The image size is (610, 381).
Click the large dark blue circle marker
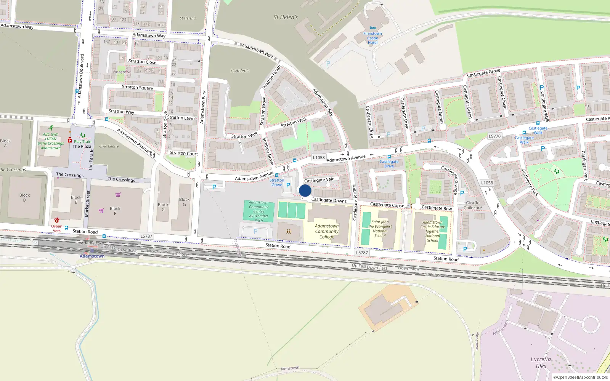305,190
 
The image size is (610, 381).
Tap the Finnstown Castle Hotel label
372,38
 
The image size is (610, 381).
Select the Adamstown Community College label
327,231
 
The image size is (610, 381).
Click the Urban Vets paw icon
57,220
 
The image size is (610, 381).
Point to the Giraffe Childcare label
473,205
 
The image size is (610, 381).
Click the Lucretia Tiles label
541,362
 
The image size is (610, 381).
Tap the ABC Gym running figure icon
51,128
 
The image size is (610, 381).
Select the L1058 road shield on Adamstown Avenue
319,157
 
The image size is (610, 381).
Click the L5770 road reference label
494,136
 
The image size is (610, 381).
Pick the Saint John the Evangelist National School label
380,229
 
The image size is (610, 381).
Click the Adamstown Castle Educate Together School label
432,231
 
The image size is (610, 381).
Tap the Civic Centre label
109,146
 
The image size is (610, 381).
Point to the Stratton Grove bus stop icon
277,175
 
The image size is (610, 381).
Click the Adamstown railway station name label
92,256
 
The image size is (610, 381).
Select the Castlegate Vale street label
319,180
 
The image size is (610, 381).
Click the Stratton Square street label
137,87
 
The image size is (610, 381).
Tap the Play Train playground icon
83,135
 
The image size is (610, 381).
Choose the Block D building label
24,197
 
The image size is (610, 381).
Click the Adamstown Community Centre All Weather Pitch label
259,211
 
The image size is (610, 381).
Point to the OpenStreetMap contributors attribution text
580,377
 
